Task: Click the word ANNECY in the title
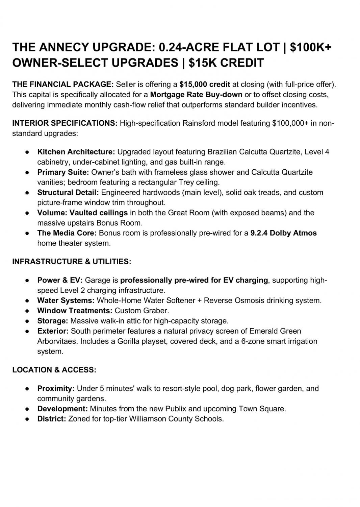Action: click(64, 47)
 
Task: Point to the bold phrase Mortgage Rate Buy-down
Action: click(196, 94)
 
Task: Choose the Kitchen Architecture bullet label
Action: click(76, 151)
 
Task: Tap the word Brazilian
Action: click(223, 151)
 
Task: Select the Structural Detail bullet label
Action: click(68, 192)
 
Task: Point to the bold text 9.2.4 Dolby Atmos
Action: click(283, 233)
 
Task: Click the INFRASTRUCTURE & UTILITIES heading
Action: click(72, 262)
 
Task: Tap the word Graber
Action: click(157, 311)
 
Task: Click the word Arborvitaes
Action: click(57, 341)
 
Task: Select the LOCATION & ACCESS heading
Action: click(54, 370)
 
